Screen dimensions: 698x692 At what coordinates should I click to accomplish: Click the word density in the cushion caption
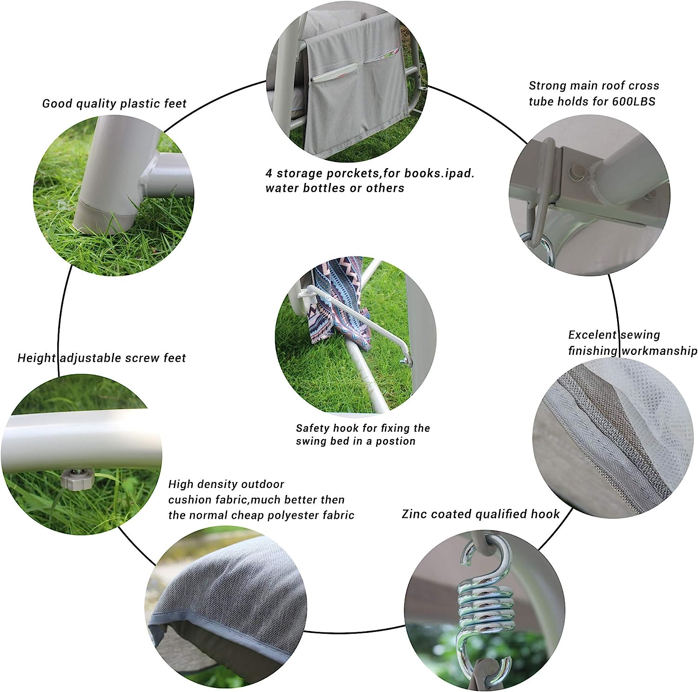pyautogui.click(x=215, y=485)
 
